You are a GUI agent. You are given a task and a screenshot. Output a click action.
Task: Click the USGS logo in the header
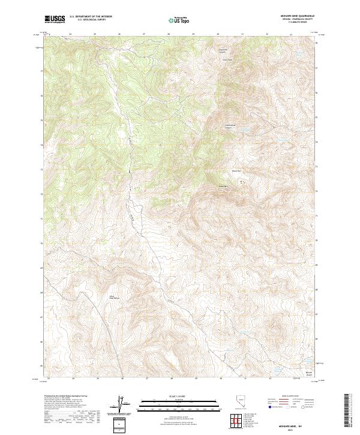55,20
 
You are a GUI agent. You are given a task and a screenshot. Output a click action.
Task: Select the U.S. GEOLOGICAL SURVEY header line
89,21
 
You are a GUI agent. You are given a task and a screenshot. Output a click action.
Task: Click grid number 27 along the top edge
145,34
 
